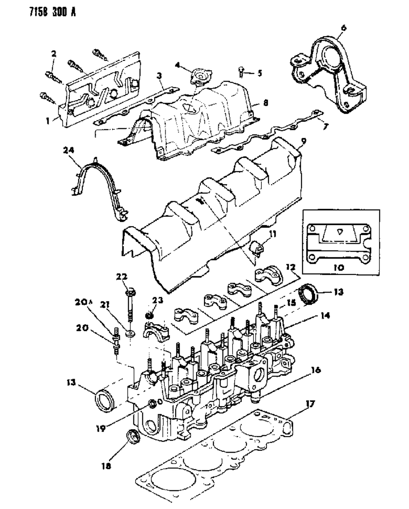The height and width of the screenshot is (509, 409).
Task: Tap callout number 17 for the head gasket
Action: pos(310,404)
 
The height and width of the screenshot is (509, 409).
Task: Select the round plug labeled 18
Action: pos(133,436)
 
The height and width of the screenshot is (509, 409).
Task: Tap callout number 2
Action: pos(54,53)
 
